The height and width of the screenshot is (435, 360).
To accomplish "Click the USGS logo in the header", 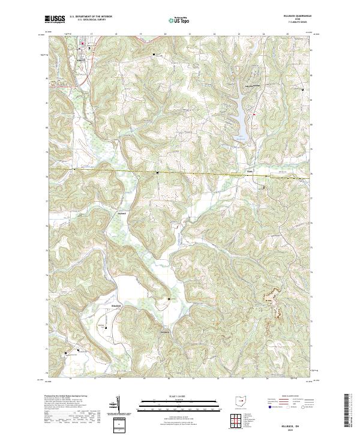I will coord(55,20).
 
